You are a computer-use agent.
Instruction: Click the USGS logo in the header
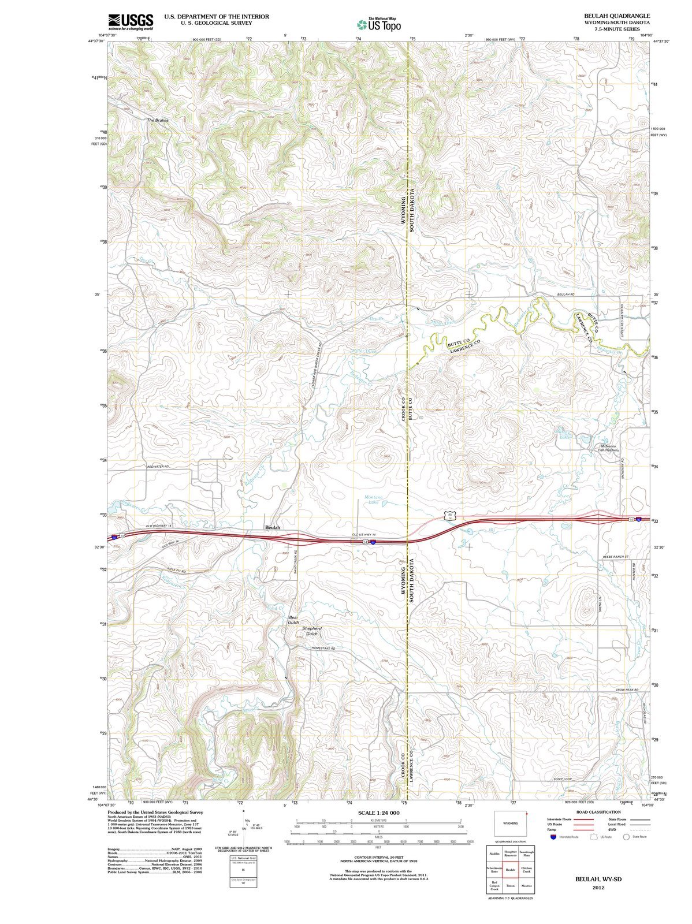(131, 21)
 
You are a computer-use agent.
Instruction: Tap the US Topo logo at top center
(378, 24)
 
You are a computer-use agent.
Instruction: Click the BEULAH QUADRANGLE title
(617, 16)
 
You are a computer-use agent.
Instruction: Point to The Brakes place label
(157, 120)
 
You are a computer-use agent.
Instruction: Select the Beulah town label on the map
(272, 527)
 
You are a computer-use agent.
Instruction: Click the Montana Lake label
(374, 500)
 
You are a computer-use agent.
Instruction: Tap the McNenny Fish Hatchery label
(608, 448)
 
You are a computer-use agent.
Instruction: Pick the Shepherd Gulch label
(311, 631)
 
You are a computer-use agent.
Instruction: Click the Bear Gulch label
(293, 620)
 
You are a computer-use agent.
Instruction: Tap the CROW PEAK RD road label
(627, 690)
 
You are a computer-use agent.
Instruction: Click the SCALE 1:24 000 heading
(378, 813)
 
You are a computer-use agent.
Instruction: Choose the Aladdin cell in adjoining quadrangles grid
(494, 854)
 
